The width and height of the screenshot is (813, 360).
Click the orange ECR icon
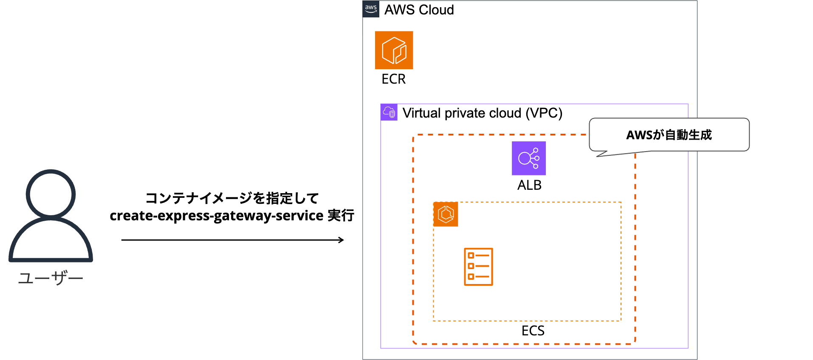(394, 50)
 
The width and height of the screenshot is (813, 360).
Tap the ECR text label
(393, 79)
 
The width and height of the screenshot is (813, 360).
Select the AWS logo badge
(371, 9)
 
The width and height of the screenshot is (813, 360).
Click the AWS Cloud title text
(419, 10)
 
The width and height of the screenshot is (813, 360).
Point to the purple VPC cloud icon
(389, 112)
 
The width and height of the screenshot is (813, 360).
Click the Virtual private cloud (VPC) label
(482, 113)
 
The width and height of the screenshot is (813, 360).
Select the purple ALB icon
(528, 158)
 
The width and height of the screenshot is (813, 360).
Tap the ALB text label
(529, 185)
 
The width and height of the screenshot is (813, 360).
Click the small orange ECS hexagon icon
(446, 214)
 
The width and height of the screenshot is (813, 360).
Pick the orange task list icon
(478, 267)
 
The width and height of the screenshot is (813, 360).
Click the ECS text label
(533, 331)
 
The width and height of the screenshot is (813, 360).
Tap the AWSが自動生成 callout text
(669, 135)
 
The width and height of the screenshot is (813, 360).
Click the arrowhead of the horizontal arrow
(341, 240)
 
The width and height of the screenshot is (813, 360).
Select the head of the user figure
(51, 194)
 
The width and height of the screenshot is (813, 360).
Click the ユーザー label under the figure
(51, 278)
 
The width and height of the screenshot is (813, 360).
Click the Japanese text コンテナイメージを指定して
(232, 198)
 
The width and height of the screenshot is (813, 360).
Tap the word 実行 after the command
(341, 216)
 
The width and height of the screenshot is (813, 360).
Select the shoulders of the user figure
(51, 242)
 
